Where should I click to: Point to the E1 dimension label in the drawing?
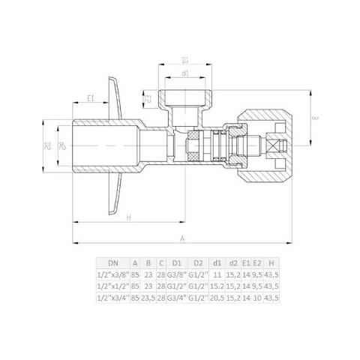[90, 98]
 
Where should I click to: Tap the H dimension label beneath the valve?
[129, 217]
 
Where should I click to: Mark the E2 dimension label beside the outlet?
[149, 98]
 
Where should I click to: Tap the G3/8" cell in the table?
[178, 275]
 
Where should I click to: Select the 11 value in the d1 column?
[216, 275]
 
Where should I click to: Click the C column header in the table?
[161, 263]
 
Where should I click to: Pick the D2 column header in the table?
[198, 263]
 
